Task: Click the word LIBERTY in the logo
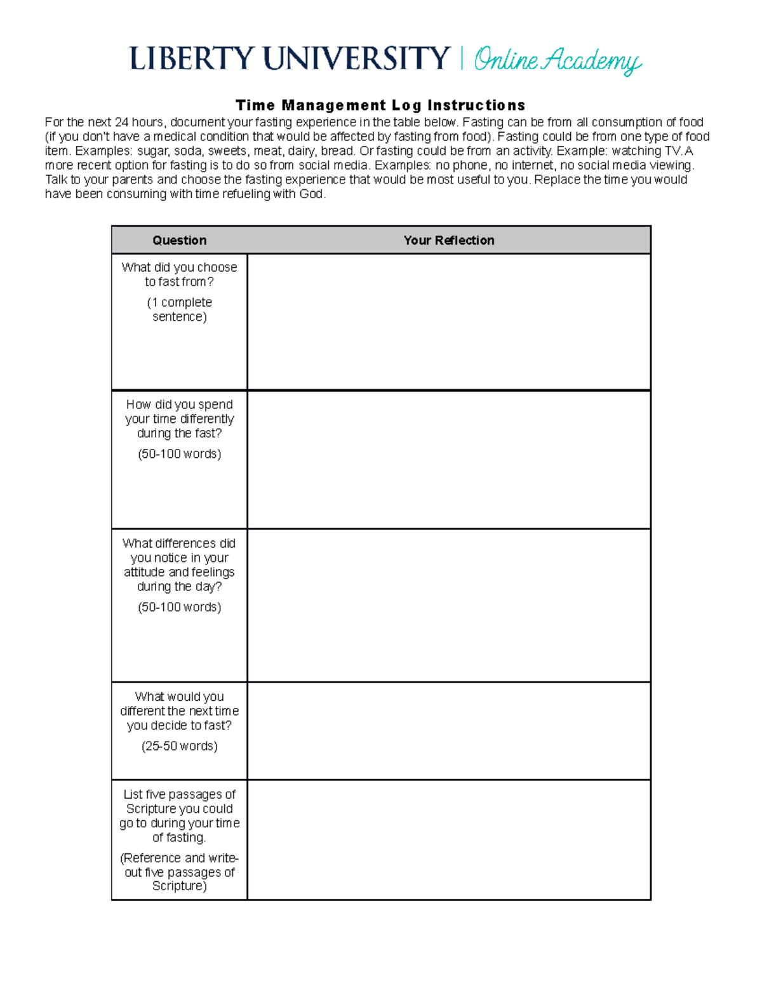(192, 59)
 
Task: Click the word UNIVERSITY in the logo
(357, 59)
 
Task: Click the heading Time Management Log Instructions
(380, 105)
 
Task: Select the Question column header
(179, 240)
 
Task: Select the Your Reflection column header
(448, 240)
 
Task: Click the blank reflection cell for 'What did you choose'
(448, 321)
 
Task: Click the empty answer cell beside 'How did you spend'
(448, 459)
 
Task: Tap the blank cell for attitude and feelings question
(448, 605)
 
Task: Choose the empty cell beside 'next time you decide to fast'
(448, 731)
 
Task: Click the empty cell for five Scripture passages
(448, 839)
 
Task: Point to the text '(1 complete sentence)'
(180, 309)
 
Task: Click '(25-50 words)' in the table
(180, 746)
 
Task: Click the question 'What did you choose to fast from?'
(180, 274)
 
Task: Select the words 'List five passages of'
(180, 794)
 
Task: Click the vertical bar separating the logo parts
(462, 59)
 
